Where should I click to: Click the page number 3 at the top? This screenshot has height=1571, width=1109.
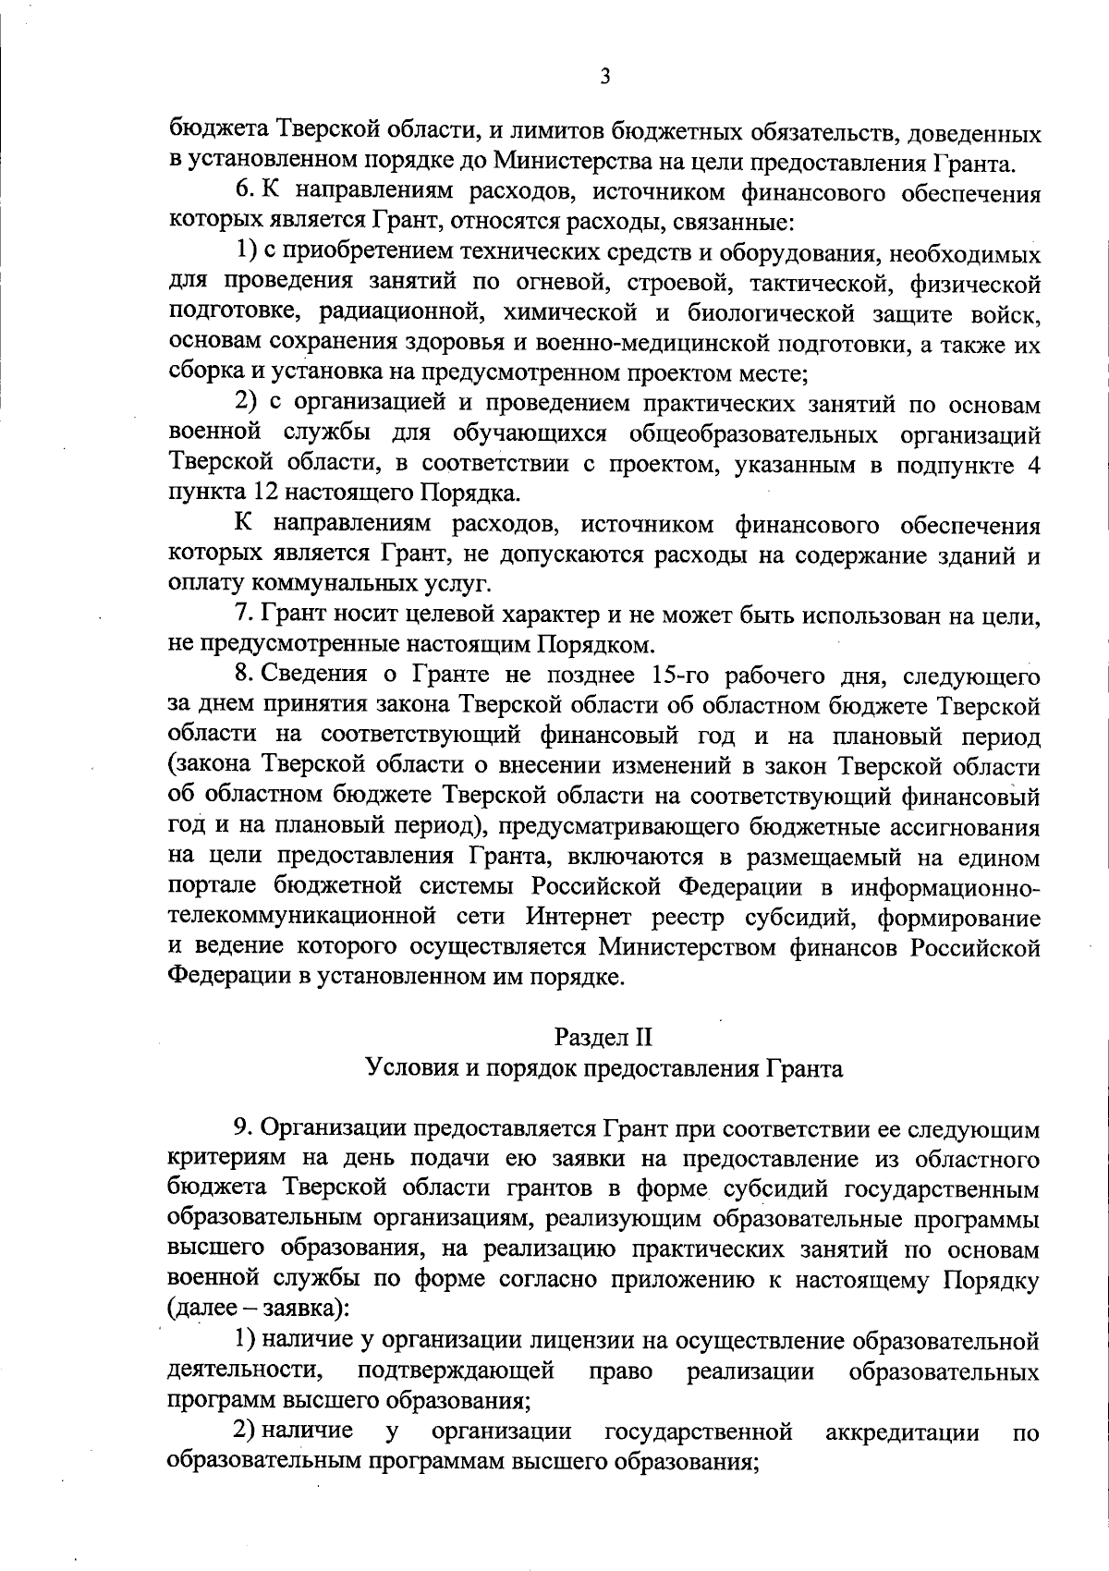[x=604, y=78]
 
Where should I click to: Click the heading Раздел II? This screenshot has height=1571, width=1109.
[x=604, y=1038]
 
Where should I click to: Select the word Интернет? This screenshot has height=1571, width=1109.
[x=580, y=918]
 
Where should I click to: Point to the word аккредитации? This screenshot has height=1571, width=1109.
[x=902, y=1432]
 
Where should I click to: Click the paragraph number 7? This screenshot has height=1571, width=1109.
[x=241, y=615]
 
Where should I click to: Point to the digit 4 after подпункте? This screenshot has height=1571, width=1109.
[x=1032, y=464]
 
